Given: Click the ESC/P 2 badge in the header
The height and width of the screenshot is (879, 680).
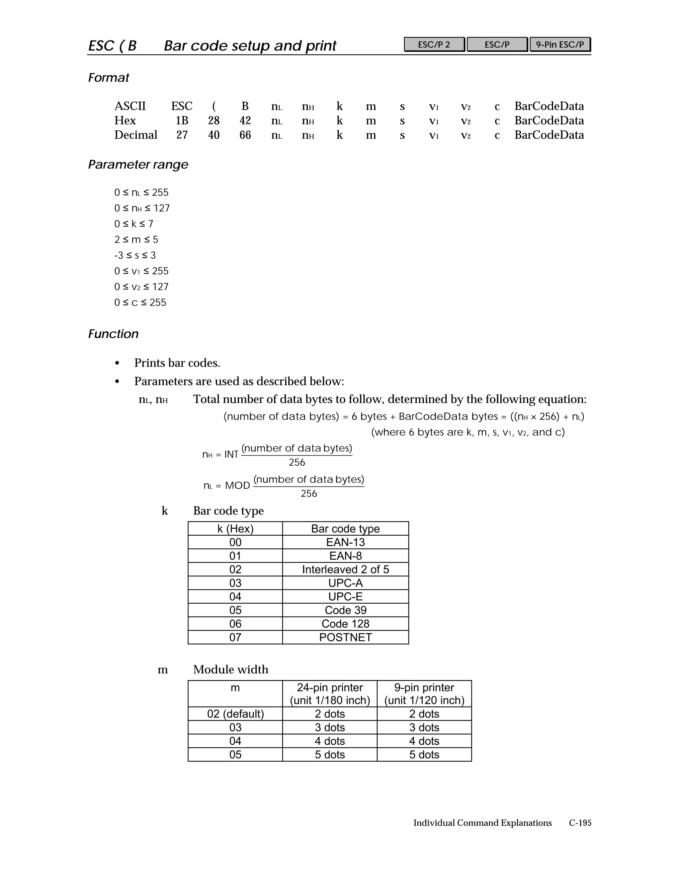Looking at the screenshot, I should [x=434, y=44].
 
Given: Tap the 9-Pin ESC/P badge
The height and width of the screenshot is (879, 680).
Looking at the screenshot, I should [x=559, y=44].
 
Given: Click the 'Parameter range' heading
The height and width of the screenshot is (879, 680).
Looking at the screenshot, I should [x=138, y=164].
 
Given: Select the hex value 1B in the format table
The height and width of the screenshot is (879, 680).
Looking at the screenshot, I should [x=182, y=120].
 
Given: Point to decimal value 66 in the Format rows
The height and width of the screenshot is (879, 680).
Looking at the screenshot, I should [x=245, y=135].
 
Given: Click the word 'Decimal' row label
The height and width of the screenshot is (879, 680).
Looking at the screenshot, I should [x=136, y=135].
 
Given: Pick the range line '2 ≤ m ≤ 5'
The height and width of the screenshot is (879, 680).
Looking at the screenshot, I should [x=136, y=239].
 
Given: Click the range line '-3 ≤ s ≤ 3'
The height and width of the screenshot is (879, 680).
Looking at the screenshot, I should [x=135, y=255].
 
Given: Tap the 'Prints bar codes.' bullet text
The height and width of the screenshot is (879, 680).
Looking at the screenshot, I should [x=177, y=363].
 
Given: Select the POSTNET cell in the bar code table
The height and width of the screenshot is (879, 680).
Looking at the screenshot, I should [x=345, y=637].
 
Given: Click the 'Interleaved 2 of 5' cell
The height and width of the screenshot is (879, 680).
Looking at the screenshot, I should [x=345, y=569].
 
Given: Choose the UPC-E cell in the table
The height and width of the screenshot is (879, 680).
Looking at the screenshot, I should [x=345, y=596].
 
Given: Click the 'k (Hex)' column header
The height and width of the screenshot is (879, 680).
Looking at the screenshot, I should [x=235, y=528].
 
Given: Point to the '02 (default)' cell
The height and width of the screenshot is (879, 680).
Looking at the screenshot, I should [x=235, y=713].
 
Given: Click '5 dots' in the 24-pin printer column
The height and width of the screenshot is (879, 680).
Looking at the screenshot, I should [x=329, y=754].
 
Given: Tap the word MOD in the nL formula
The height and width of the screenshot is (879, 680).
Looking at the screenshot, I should [x=237, y=485].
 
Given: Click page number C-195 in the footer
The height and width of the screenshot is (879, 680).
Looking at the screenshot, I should [x=580, y=823].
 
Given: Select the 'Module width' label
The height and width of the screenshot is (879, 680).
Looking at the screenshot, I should [x=230, y=669].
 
